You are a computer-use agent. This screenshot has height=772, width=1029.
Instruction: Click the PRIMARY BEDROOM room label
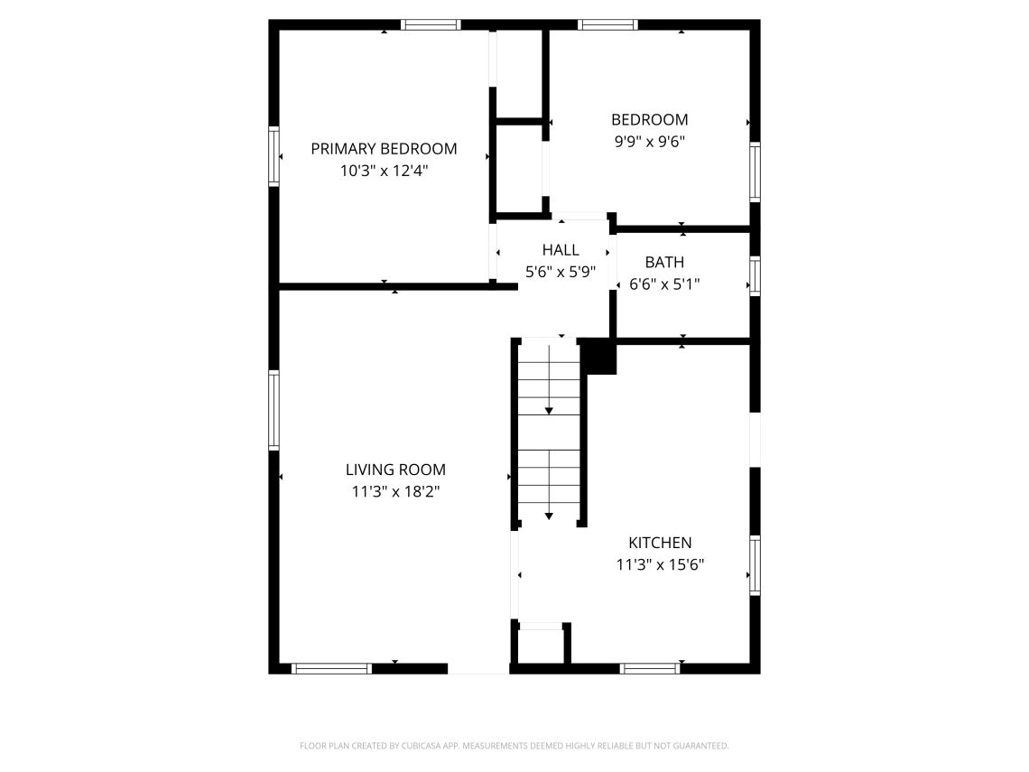click(384, 149)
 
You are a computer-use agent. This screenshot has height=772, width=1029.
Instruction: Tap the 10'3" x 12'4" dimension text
click(384, 172)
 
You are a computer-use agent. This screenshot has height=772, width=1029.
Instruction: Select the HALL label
click(561, 250)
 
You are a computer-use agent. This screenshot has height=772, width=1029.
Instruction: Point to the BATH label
click(664, 263)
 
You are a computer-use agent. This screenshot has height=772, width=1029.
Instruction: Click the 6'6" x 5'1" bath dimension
click(664, 284)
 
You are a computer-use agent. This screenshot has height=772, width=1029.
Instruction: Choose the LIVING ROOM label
click(395, 470)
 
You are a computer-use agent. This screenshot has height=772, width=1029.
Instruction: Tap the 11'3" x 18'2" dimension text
click(395, 492)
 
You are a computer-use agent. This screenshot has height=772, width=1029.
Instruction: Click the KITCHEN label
click(660, 543)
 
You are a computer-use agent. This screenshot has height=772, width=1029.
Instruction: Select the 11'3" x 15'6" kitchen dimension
click(660, 564)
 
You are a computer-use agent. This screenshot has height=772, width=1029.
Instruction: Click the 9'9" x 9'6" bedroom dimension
click(650, 142)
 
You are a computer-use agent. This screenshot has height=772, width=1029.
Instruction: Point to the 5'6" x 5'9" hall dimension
click(561, 272)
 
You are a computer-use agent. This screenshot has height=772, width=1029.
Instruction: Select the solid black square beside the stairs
click(598, 357)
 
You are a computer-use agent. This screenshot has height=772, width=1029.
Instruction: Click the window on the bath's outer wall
click(756, 275)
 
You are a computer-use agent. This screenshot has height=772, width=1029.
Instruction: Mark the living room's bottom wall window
click(331, 669)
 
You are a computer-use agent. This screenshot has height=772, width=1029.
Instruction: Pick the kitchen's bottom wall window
click(650, 669)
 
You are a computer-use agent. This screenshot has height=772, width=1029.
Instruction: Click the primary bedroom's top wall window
click(431, 25)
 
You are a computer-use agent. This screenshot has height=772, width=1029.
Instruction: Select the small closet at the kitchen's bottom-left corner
click(541, 646)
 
